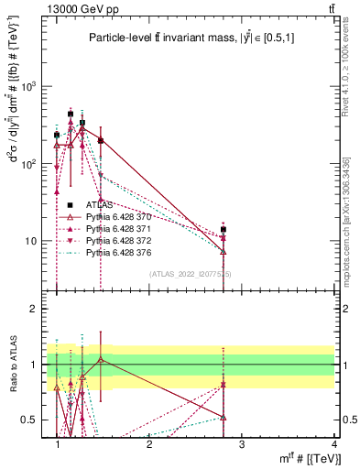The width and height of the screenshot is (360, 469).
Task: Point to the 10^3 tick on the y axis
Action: [29, 87]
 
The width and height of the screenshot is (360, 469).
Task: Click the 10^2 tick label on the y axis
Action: [29, 164]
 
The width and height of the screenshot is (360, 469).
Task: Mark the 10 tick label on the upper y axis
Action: [31, 242]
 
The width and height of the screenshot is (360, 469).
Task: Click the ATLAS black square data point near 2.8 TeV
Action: [224, 230]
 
